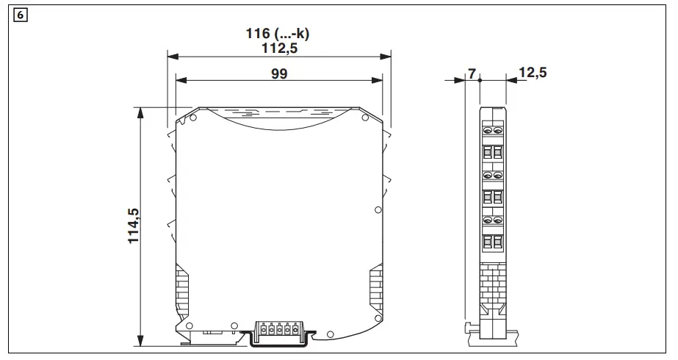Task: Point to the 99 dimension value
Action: (278, 73)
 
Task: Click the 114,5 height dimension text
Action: (134, 226)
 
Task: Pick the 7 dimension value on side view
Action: (472, 73)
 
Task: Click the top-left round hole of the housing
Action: (194, 118)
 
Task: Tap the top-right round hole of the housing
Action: (364, 118)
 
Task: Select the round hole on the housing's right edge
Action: (378, 210)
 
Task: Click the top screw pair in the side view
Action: (493, 131)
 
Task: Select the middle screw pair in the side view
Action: (493, 176)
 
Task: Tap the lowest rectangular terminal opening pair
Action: (493, 242)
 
